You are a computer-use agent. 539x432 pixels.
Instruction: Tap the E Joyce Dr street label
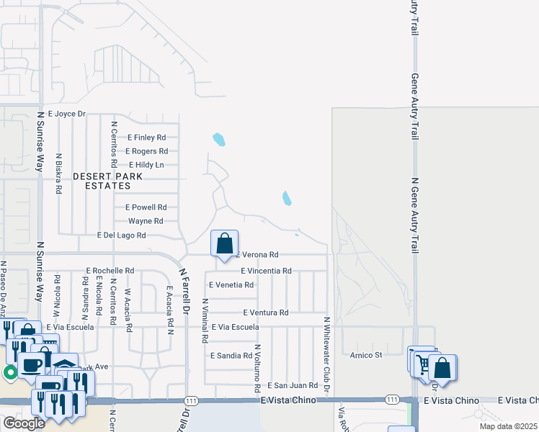tap(67, 114)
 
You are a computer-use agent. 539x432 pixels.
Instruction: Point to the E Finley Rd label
tap(147, 138)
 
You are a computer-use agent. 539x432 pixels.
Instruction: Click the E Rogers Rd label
tap(146, 151)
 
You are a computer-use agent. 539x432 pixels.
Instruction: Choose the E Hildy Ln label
tap(146, 165)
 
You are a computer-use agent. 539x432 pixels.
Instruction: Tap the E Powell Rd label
tap(146, 207)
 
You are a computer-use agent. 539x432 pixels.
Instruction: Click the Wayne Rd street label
tap(146, 221)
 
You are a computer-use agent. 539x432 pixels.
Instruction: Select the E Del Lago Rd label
tap(121, 235)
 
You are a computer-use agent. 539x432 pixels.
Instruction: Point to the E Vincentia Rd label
tap(265, 271)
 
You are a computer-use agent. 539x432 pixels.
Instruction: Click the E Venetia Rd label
tap(231, 285)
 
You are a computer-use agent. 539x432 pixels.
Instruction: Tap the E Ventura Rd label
tap(265, 312)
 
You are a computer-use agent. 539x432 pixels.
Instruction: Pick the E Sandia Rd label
tap(231, 356)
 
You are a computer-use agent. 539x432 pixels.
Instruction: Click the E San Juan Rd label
tap(293, 386)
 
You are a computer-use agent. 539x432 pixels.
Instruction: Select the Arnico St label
tap(365, 354)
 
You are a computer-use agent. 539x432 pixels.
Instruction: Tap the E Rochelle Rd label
tap(110, 271)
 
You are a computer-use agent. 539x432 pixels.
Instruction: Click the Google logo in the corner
tap(23, 423)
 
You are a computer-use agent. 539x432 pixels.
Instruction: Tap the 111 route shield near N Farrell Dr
tap(190, 400)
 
